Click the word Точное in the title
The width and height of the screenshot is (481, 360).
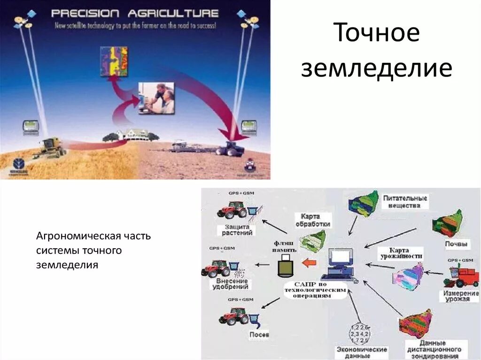pyautogui.click(x=376, y=33)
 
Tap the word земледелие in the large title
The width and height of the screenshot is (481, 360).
pyautogui.click(x=376, y=69)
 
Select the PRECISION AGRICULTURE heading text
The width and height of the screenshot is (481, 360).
pyautogui.click(x=135, y=14)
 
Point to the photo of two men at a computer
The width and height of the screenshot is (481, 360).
pyautogui.click(x=156, y=98)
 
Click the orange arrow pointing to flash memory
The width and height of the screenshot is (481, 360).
pyautogui.click(x=308, y=262)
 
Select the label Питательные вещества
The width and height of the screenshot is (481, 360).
pyautogui.click(x=404, y=201)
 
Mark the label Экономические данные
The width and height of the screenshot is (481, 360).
pyautogui.click(x=361, y=352)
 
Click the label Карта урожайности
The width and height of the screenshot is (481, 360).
pyautogui.click(x=401, y=253)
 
